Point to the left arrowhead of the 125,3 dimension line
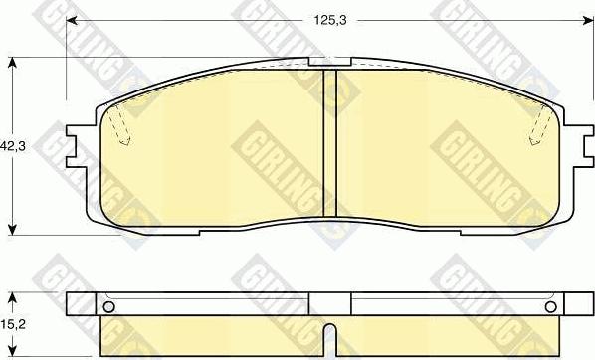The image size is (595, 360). click(71, 19)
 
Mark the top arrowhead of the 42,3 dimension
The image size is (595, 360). click(12, 63)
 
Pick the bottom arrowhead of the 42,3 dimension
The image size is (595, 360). click(12, 228)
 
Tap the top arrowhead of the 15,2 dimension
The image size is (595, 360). click(12, 296)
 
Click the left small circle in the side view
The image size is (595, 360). click(109, 305)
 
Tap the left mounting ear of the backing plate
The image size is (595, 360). click(75, 144)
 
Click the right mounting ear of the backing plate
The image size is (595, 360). click(576, 144)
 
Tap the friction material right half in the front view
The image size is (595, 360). click(438, 149)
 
